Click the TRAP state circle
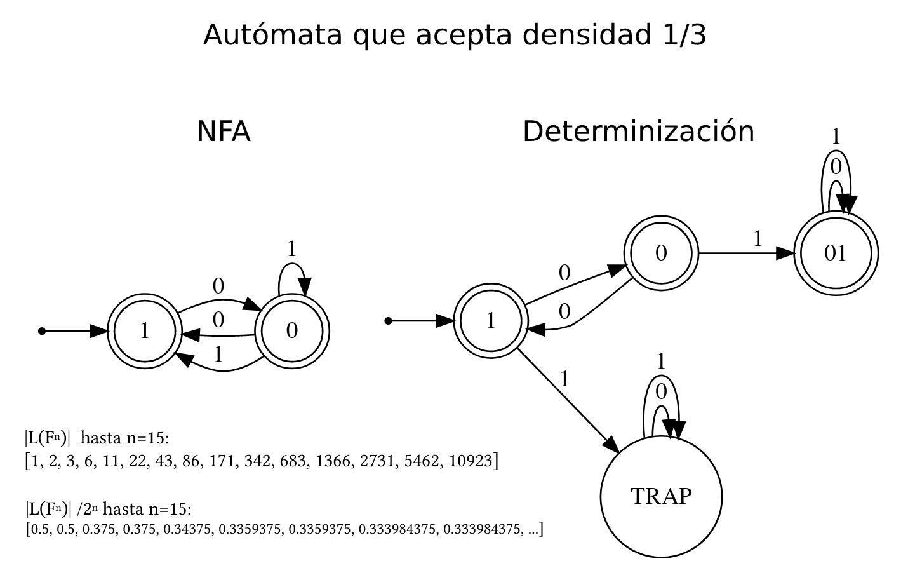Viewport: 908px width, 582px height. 661,496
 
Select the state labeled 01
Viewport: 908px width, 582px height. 836,254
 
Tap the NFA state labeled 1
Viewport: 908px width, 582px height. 145,331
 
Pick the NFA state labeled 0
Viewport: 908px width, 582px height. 292,331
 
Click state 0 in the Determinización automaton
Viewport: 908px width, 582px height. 661,254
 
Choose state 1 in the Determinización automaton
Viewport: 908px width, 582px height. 491,321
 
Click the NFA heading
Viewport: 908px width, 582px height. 224,132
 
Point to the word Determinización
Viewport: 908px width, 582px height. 638,132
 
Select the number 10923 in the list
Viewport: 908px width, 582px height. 471,461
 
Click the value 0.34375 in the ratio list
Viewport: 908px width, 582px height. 187,529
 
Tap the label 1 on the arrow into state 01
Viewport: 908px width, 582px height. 758,239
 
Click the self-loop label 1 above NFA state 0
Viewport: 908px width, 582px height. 291,249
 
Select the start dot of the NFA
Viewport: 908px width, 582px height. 42,331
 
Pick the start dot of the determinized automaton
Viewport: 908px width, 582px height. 389,321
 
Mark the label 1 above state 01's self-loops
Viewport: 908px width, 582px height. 836,136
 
